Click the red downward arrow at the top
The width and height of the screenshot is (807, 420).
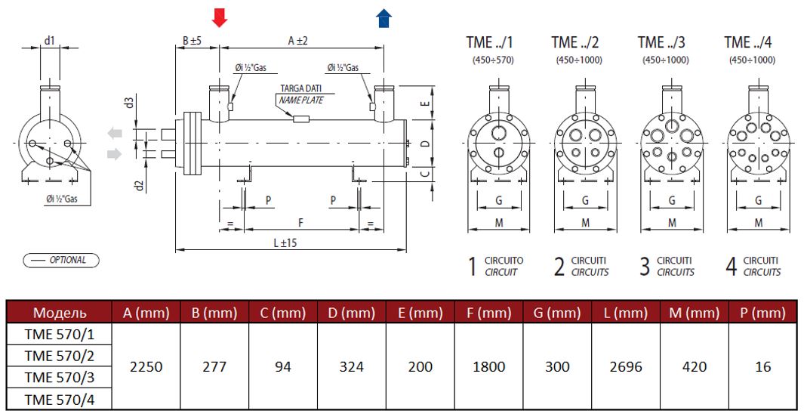219,18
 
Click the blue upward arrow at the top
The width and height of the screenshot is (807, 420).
384,18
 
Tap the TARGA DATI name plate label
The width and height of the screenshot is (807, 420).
300,94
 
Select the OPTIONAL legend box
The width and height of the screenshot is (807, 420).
60,261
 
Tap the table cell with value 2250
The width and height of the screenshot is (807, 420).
146,366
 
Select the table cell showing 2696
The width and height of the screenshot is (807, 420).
625,366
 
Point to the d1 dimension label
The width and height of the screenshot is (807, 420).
50,41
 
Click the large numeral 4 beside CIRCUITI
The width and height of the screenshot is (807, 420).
730,266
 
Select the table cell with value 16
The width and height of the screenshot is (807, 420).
763,366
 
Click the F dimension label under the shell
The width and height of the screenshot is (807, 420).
300,223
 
